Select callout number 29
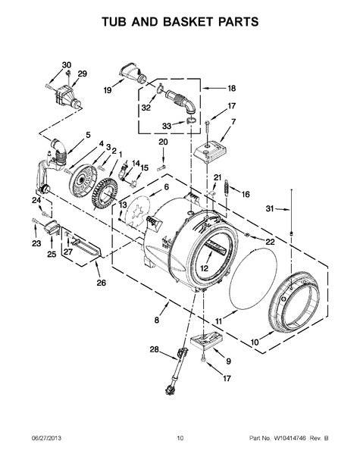coord(83,73)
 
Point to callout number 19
coord(108,90)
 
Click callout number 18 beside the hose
coord(232,88)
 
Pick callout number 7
coord(233,121)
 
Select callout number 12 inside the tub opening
coord(204,267)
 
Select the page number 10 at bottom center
coord(180,458)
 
